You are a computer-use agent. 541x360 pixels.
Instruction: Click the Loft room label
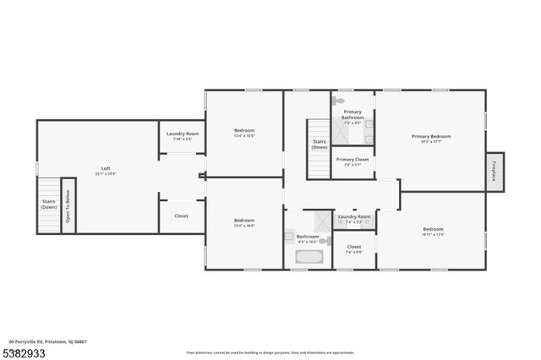pyautogui.click(x=106, y=169)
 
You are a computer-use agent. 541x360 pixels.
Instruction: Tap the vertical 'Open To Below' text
pyautogui.click(x=68, y=205)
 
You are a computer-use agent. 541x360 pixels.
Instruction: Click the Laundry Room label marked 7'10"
pyautogui.click(x=182, y=135)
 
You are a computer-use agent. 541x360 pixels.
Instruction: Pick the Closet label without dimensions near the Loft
pyautogui.click(x=181, y=215)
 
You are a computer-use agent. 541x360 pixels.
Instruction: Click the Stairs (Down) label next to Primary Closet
pyautogui.click(x=319, y=145)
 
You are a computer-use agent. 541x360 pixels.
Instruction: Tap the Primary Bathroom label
pyautogui.click(x=352, y=115)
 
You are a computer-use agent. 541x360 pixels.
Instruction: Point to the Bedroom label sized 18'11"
pyautogui.click(x=433, y=231)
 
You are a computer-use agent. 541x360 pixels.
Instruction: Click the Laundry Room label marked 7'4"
pyautogui.click(x=354, y=219)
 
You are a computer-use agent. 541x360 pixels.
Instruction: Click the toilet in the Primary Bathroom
pyautogui.click(x=339, y=101)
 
